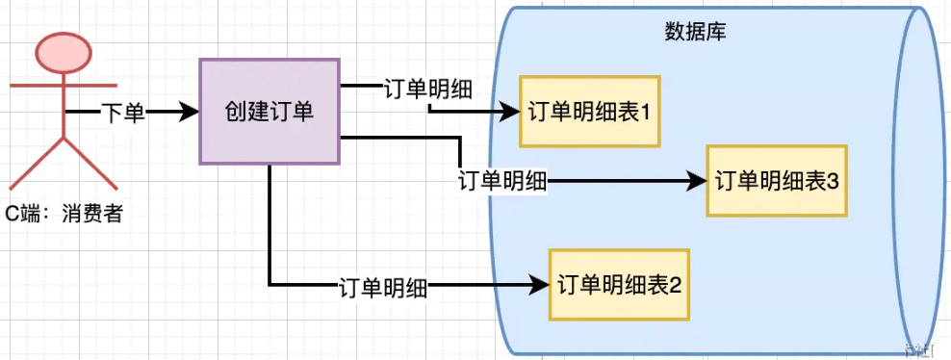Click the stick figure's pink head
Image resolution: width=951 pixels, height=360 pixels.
point(63,53)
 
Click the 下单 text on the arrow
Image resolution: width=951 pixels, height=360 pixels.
point(123,113)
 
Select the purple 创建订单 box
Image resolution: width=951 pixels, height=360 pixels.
point(269,111)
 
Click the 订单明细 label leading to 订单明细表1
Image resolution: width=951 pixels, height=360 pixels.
point(427,90)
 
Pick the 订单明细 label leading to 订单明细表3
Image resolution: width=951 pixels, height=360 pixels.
point(502,180)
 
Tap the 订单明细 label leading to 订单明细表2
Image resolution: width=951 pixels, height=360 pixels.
point(383,285)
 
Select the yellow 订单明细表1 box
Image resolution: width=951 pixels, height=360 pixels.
point(589,112)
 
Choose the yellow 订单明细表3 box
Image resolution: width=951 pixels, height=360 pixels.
point(776,181)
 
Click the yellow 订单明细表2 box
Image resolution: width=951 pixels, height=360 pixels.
point(619,284)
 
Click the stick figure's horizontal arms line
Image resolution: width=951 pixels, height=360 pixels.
point(63,87)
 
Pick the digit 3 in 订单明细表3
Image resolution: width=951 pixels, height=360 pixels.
point(833,181)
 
